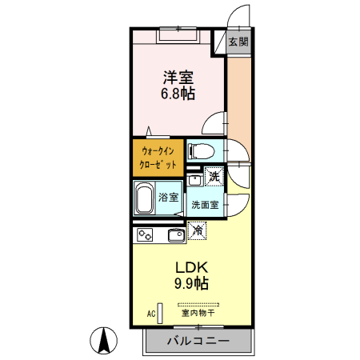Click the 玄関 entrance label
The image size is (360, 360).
click(x=238, y=42)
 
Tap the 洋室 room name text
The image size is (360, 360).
click(x=178, y=78)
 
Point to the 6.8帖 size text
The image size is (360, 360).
click(x=178, y=94)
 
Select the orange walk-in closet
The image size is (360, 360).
click(x=158, y=157)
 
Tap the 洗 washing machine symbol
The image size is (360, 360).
click(x=214, y=176)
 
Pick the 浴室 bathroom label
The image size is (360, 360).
click(x=167, y=197)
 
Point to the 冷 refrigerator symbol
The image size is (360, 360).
click(x=198, y=231)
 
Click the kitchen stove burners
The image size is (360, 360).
click(x=145, y=235)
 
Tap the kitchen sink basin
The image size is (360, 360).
click(x=174, y=235)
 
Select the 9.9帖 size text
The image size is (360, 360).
click(x=190, y=283)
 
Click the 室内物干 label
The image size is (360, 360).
click(x=198, y=313)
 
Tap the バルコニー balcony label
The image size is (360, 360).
click(x=198, y=341)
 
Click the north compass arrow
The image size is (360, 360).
click(x=104, y=340)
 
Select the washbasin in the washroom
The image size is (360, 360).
click(x=194, y=180)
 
